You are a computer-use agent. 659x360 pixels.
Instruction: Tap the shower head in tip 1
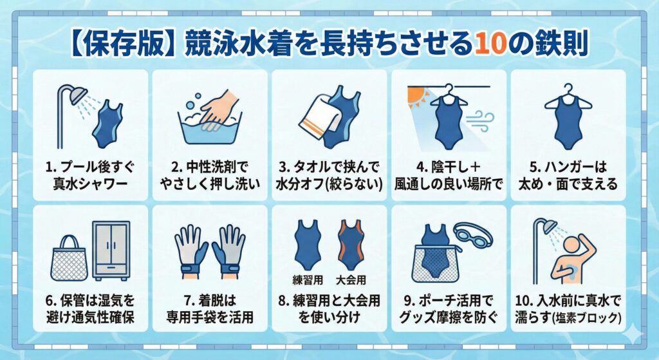pos(77,95)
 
